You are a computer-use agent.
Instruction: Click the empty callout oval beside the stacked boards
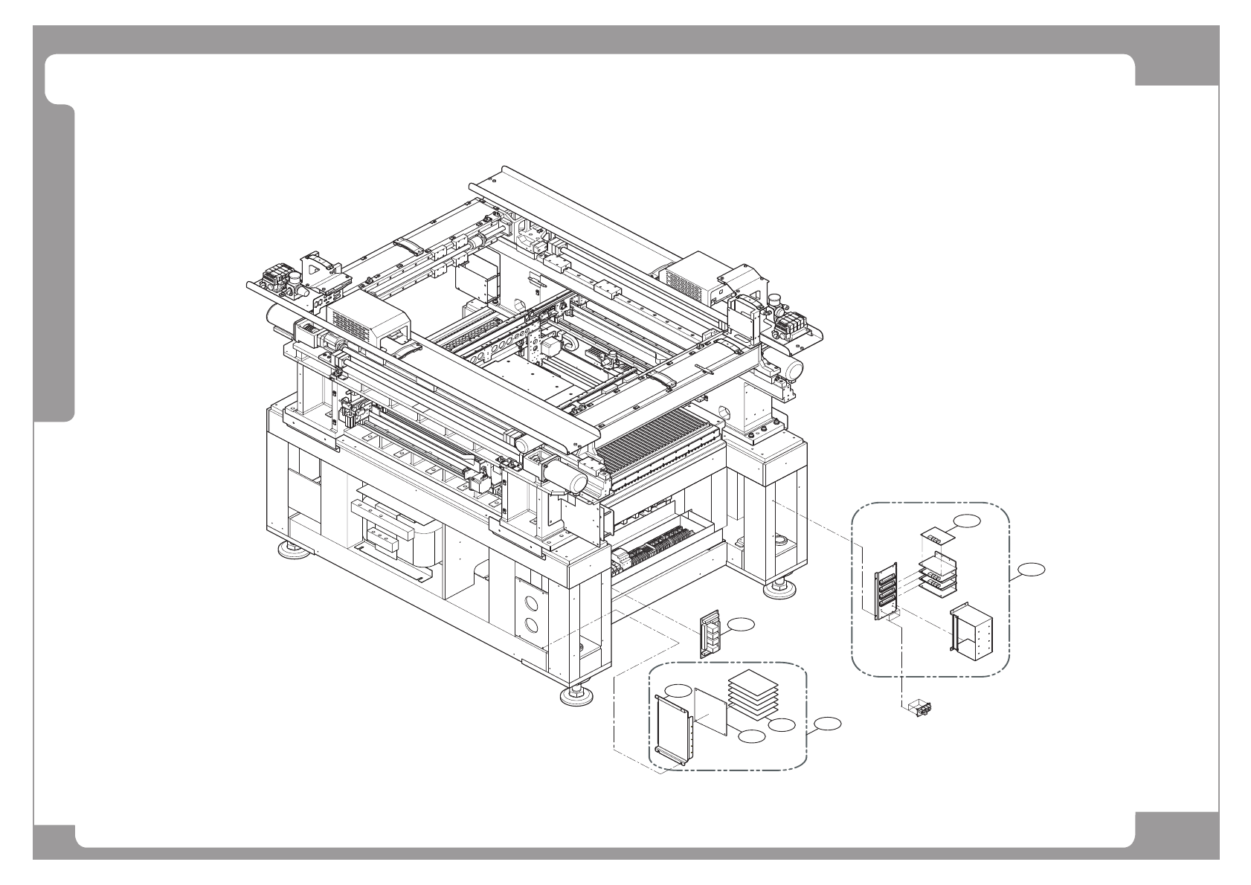click(x=781, y=724)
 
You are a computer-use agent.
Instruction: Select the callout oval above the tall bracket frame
click(x=678, y=689)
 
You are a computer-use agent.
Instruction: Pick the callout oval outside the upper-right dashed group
click(x=1031, y=570)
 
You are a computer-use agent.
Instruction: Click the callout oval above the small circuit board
click(x=967, y=521)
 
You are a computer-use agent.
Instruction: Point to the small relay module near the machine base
click(x=710, y=634)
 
